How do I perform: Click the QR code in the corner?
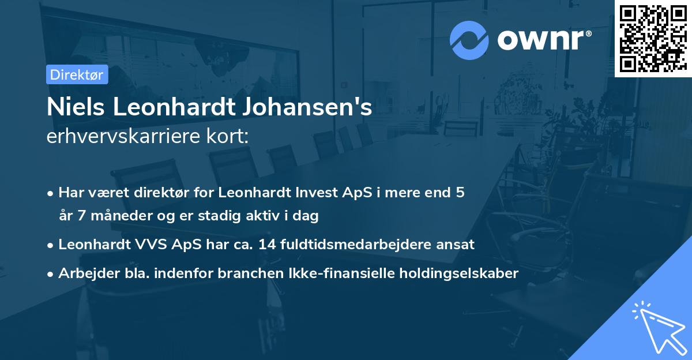[x=653, y=38]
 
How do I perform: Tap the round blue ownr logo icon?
[x=469, y=40]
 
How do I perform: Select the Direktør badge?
[x=77, y=74]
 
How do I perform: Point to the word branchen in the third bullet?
[x=243, y=273]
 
